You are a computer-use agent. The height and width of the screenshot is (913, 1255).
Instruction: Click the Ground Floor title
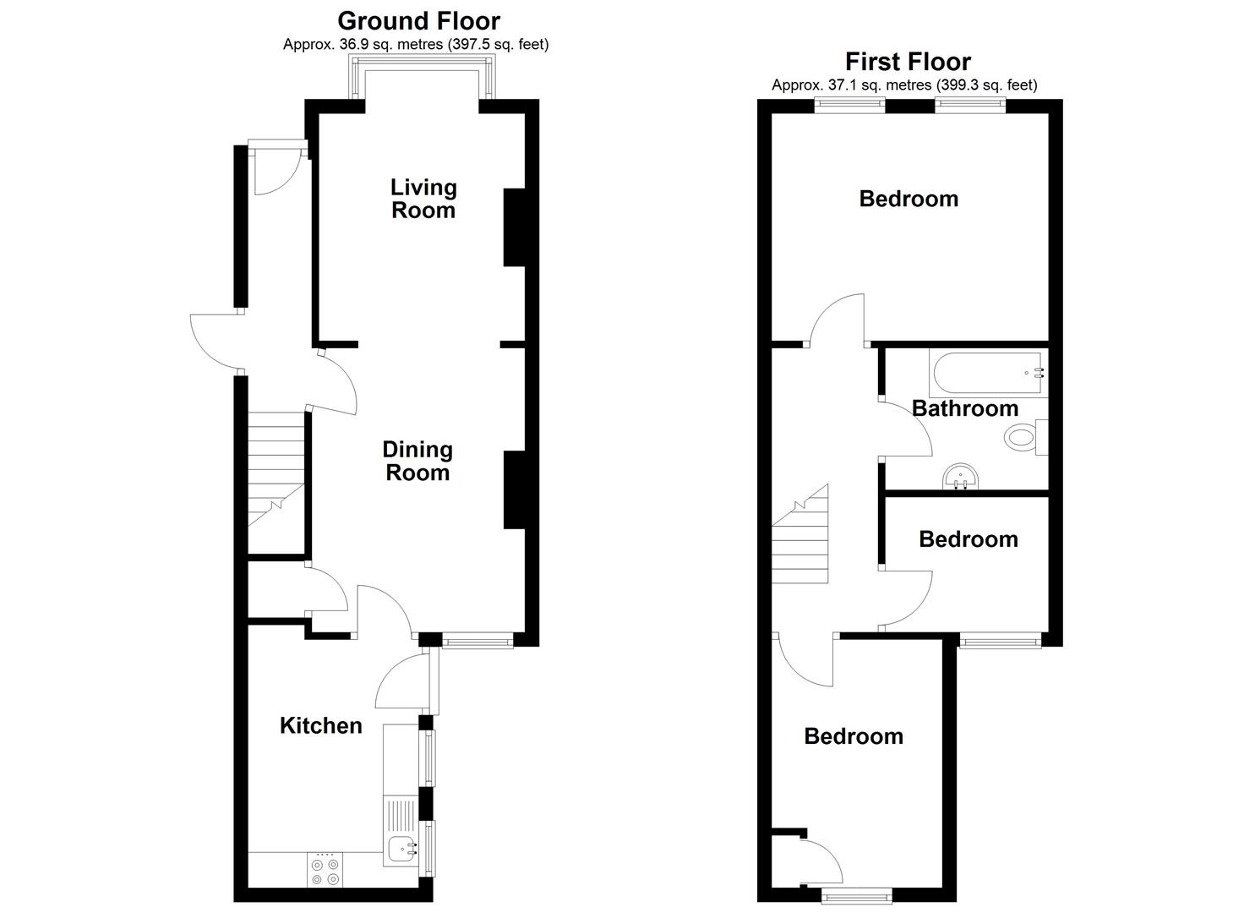[418, 20]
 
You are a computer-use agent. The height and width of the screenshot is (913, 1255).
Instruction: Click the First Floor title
[908, 61]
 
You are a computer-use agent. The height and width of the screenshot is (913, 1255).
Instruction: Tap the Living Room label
[423, 199]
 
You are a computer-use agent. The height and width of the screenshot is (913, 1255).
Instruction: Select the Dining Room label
[417, 461]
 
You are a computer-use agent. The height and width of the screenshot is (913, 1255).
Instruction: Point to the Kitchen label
[320, 725]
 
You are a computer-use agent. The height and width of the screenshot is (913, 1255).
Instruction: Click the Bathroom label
[964, 408]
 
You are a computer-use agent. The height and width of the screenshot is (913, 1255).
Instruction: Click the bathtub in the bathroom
[987, 373]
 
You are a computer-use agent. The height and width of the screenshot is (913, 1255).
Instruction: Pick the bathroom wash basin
[958, 478]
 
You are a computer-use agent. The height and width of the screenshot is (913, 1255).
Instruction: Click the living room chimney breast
[514, 227]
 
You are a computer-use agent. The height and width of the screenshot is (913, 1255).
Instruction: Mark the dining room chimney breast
[514, 490]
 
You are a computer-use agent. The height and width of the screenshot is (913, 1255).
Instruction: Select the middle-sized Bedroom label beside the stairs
[968, 539]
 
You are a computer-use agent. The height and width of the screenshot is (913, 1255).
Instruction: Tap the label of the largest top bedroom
[909, 199]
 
